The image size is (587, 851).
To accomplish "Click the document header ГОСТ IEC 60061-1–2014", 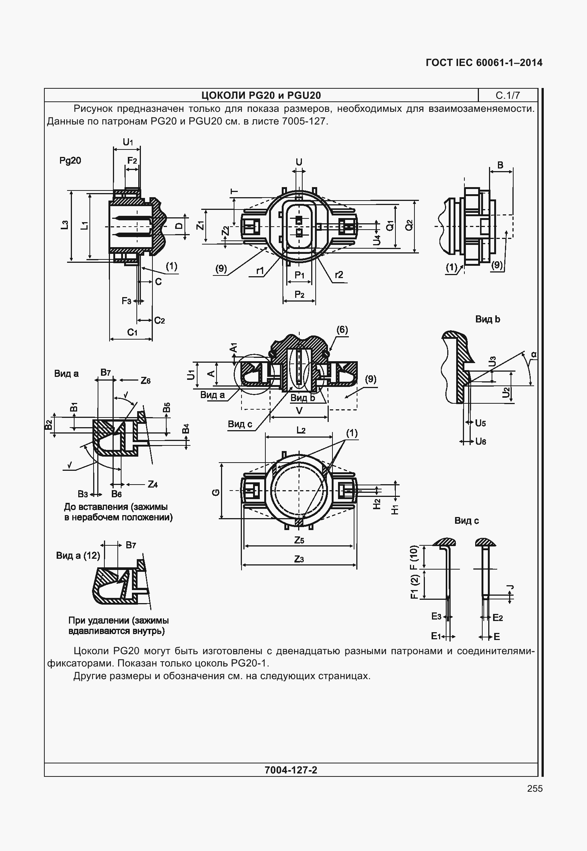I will (x=484, y=63).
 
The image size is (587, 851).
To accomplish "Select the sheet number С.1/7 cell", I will (x=507, y=95).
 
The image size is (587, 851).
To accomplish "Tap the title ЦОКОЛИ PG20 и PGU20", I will (x=261, y=95).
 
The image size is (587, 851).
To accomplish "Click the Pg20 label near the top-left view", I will (x=70, y=160).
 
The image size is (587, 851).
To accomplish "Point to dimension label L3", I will (x=65, y=225).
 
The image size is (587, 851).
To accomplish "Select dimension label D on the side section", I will (x=179, y=226).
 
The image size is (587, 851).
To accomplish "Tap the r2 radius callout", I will (x=339, y=275).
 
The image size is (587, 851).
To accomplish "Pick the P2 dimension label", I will (x=299, y=294).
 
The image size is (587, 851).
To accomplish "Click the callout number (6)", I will (x=342, y=330).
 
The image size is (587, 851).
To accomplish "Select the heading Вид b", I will (x=487, y=319).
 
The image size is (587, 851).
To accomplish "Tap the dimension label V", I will (x=299, y=411).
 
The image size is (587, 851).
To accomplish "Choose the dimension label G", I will (x=215, y=493).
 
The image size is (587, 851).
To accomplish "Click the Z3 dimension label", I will (x=299, y=559).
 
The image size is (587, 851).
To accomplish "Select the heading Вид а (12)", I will (x=78, y=555).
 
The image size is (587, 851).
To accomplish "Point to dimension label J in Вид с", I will (x=511, y=588).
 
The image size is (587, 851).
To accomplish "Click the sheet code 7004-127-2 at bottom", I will (x=291, y=770).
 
